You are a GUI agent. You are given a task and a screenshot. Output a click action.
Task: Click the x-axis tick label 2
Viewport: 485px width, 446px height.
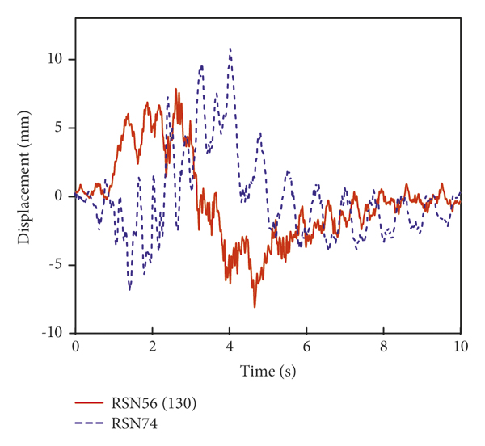click(x=152, y=346)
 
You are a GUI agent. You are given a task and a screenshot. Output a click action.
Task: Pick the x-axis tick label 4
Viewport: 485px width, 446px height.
click(x=230, y=346)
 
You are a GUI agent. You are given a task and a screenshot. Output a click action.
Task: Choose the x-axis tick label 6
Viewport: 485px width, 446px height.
click(x=306, y=346)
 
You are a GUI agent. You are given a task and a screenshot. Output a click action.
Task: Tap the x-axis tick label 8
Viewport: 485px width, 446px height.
click(x=384, y=346)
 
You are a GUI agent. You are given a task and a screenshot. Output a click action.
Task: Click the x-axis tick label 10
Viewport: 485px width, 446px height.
click(x=461, y=346)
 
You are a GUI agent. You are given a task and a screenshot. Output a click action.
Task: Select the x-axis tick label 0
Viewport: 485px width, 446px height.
click(x=75, y=346)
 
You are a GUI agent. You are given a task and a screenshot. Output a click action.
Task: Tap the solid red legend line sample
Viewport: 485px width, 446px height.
click(x=90, y=402)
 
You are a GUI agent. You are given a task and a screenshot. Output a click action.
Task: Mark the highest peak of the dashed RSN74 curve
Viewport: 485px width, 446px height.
click(x=230, y=49)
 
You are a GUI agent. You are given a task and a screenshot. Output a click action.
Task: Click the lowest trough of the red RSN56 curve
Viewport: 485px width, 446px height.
click(x=255, y=307)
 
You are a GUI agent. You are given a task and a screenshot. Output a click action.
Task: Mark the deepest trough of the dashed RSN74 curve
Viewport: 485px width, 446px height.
click(x=129, y=288)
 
